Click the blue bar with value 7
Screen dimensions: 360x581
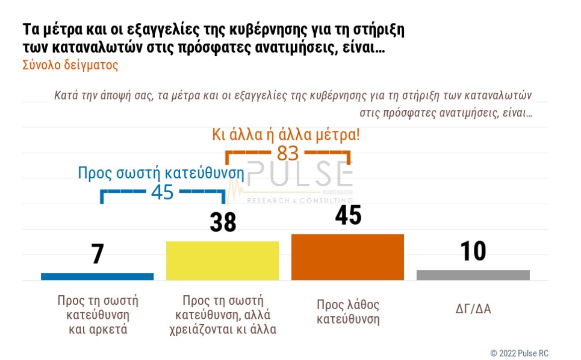[x=97, y=276]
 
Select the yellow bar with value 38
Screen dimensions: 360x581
[x=222, y=260]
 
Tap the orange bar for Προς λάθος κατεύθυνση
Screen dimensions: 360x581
[x=348, y=257]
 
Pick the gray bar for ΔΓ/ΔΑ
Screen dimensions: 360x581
[x=473, y=275]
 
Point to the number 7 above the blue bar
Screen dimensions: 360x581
[x=98, y=254]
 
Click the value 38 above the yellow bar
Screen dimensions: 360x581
[x=223, y=223]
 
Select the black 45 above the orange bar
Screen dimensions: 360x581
[x=348, y=216]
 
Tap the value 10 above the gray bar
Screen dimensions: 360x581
[x=472, y=251]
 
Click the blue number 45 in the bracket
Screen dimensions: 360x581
[x=162, y=192]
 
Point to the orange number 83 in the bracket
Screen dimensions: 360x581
[x=288, y=154]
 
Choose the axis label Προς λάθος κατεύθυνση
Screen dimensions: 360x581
[x=348, y=312]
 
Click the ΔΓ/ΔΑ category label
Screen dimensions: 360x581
[x=473, y=309]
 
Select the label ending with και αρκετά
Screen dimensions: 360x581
[x=98, y=315]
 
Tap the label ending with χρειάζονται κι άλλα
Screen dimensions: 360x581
[x=223, y=315]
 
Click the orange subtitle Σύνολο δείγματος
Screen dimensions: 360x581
[x=70, y=65]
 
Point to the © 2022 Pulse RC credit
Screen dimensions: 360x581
[x=519, y=353]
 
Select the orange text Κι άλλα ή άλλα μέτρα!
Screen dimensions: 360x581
[x=286, y=135]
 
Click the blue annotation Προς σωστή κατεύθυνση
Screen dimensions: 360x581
[x=161, y=173]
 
